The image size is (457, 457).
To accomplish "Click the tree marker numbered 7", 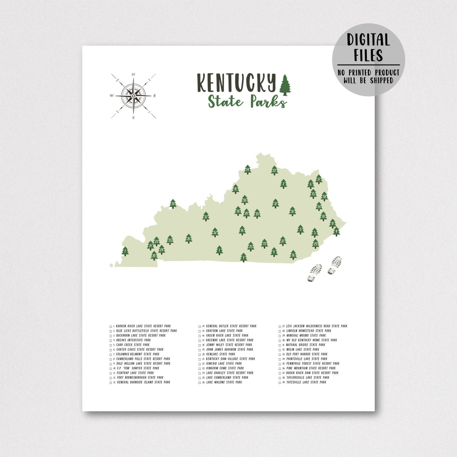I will point(125,251).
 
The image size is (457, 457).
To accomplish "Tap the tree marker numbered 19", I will point(173,204).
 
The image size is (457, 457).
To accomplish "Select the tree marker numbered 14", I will point(247,170).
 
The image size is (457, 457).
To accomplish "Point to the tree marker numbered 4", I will point(336,231).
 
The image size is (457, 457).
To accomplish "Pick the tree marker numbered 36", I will point(293,255).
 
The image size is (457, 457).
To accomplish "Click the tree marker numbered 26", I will point(188,239).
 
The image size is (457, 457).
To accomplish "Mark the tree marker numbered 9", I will point(244,258).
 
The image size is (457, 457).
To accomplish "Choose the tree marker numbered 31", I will point(292,211).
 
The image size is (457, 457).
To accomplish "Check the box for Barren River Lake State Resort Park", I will point(111,327).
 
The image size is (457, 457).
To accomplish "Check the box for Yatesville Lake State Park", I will point(280,383).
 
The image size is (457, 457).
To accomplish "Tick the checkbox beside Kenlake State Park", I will point(200,355).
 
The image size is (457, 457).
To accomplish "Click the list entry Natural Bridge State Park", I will point(306,345).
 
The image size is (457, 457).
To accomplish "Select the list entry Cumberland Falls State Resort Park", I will point(143,359).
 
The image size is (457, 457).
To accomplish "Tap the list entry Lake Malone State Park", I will point(224,382).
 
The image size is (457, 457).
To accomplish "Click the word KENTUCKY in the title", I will point(236,83).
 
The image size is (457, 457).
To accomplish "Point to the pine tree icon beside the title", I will point(285,85).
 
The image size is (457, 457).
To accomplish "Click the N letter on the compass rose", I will point(133,75).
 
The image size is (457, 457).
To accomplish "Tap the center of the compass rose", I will point(133,96).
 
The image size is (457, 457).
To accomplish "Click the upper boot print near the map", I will point(335,265).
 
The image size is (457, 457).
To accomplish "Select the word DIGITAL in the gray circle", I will point(368,40).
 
